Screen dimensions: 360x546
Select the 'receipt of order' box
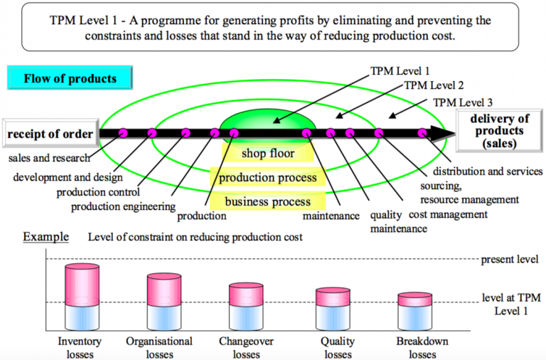[x=50, y=134]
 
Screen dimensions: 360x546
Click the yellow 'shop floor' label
[x=263, y=153]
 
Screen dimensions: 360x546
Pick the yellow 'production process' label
[x=267, y=177]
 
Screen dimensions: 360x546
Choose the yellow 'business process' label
[x=267, y=201]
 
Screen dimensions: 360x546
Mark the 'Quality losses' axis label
[x=338, y=347]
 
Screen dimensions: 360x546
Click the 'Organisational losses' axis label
[x=159, y=347]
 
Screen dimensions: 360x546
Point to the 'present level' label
[x=508, y=259]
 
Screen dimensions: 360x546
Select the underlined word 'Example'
[x=45, y=236]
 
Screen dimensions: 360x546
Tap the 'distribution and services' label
[x=488, y=171]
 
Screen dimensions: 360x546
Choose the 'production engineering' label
[x=123, y=207]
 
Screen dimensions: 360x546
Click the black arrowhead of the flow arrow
[x=445, y=133]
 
